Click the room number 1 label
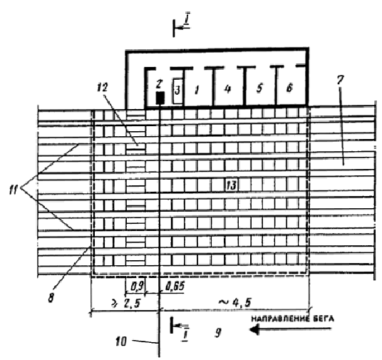point(197,91)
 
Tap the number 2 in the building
point(159,84)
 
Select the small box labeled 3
point(177,91)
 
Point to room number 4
point(227,88)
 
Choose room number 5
point(259,88)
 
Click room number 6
point(289,88)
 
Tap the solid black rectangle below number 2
point(160,98)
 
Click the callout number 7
point(341,80)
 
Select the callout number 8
point(51,297)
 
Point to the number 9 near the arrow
point(218,332)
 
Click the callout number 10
point(121,341)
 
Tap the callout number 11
point(14,190)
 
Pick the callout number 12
point(102,88)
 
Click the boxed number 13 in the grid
point(231,186)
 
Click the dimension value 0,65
point(175,286)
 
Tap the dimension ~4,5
point(234,303)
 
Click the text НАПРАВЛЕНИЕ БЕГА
point(292,319)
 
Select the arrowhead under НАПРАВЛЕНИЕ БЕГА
point(254,330)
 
